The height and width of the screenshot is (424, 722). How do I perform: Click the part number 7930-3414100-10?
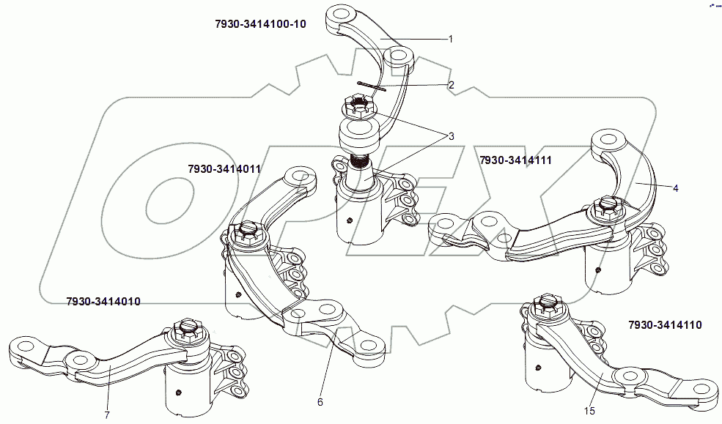(259, 24)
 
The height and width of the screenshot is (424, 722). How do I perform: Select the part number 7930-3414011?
(224, 168)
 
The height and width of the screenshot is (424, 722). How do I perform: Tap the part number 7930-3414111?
(515, 160)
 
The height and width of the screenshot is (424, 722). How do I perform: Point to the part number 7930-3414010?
(103, 301)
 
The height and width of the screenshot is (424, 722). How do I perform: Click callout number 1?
(451, 38)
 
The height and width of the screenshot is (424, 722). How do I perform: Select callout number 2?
(451, 85)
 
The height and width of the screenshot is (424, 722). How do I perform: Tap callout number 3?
(451, 136)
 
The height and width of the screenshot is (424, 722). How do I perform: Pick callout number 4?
(675, 188)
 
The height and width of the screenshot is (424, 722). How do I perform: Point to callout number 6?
(320, 401)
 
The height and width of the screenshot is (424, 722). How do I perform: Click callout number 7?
(106, 415)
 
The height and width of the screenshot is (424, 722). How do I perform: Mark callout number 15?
(589, 411)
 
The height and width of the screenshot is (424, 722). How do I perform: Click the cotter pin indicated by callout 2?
(374, 87)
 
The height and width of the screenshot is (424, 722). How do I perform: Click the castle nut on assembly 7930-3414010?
(185, 331)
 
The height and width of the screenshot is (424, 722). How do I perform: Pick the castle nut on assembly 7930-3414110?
(547, 305)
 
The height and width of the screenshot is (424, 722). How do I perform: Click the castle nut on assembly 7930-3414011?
(246, 234)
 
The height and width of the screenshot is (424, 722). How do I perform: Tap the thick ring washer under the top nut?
(357, 133)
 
